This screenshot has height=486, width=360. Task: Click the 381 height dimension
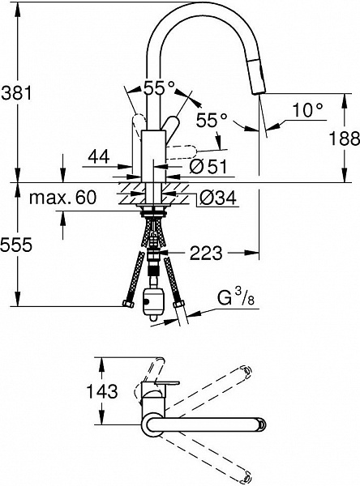17,92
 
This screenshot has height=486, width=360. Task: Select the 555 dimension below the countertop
16,245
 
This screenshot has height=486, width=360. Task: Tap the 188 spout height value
344,138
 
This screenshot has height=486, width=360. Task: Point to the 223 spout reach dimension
206,253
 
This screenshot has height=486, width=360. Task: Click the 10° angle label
307,109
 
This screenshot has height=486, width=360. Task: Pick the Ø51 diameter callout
208,166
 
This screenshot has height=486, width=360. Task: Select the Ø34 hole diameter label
217,198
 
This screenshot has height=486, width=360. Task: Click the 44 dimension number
99,156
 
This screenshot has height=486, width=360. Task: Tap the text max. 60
62,198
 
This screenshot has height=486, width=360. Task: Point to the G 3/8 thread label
236,298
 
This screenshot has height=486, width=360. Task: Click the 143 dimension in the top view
102,391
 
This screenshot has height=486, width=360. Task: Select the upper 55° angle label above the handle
160,88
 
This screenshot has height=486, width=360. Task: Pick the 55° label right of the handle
212,119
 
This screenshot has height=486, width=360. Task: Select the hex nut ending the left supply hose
128,304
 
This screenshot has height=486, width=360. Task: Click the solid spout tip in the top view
261,424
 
